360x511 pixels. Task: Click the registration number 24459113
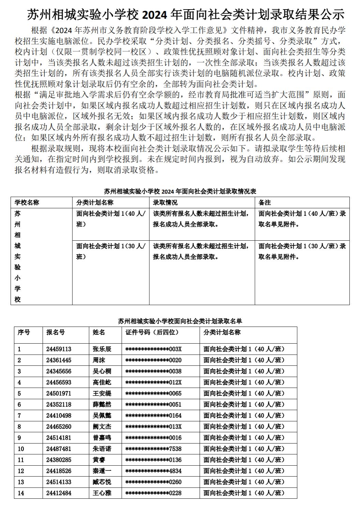pyautogui.click(x=59, y=349)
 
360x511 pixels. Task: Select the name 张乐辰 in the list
pyautogui.click(x=102, y=349)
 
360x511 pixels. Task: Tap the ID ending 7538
pyautogui.click(x=153, y=449)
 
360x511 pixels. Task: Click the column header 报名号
pyautogui.click(x=56, y=332)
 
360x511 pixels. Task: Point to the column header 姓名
pyautogui.click(x=99, y=332)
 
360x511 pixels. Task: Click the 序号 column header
pyautogui.click(x=24, y=332)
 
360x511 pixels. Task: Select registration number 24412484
pyautogui.click(x=59, y=493)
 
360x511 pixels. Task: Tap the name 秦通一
pyautogui.click(x=102, y=471)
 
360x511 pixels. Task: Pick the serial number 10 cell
pyautogui.click(x=21, y=449)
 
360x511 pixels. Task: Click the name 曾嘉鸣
pyautogui.click(x=102, y=438)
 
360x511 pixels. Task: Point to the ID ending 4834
pyautogui.click(x=153, y=471)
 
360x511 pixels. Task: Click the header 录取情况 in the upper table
pyautogui.click(x=165, y=202)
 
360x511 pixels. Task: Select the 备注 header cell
pyautogui.click(x=265, y=202)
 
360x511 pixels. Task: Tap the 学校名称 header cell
pyautogui.click(x=27, y=202)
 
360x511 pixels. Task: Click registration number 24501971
pyautogui.click(x=59, y=393)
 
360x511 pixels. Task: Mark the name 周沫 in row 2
pyautogui.click(x=99, y=360)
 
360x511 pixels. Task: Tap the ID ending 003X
pyautogui.click(x=153, y=349)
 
